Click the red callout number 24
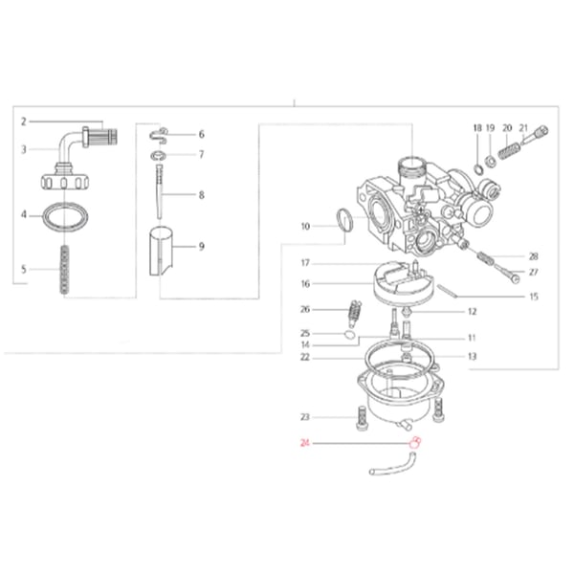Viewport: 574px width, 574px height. tap(305, 443)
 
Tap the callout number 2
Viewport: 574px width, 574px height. tap(23, 121)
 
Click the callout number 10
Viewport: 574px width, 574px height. tap(305, 227)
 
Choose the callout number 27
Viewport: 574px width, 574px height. tap(534, 273)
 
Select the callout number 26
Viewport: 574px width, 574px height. tap(305, 309)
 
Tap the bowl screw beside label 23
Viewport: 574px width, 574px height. tap(362, 418)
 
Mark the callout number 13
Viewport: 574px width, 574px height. tap(471, 356)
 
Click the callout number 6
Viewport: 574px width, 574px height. tap(201, 134)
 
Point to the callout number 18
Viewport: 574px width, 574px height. tap(475, 126)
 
